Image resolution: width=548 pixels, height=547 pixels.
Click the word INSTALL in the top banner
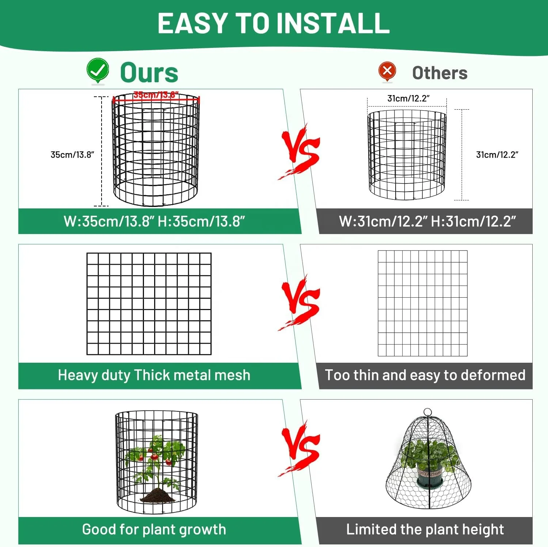point(333,23)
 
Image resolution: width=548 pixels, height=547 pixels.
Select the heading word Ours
point(149,72)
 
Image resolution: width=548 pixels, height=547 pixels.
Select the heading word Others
point(440,73)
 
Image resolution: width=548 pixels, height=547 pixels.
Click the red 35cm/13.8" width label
point(156,95)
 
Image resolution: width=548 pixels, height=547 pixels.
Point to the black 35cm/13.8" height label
point(72,155)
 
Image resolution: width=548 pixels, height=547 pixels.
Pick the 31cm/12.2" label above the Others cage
point(408,98)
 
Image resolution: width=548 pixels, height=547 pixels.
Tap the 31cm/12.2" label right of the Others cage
point(497,155)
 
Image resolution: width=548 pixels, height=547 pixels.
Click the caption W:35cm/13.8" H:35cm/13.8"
point(154,221)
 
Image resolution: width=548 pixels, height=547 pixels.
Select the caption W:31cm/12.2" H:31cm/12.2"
point(427,221)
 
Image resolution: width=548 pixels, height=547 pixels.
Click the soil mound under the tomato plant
point(157,495)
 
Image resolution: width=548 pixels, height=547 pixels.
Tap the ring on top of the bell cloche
point(427,412)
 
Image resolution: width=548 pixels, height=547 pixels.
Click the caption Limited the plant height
point(425,529)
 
